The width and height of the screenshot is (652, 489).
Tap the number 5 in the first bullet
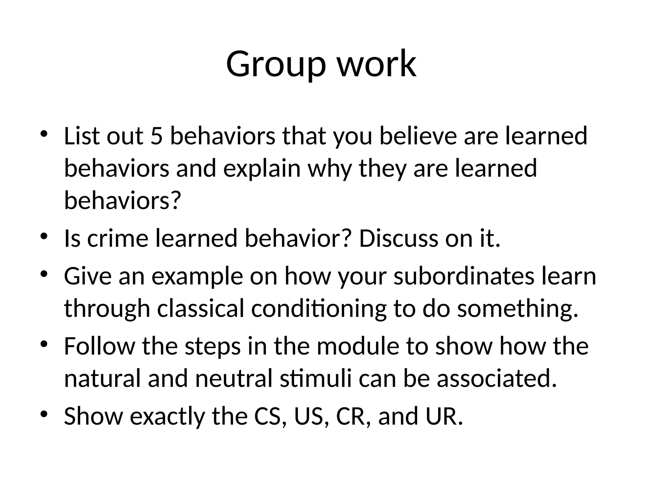click(156, 136)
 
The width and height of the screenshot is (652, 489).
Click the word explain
click(262, 169)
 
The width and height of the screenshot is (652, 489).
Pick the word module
click(358, 346)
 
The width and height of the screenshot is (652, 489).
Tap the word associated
click(497, 379)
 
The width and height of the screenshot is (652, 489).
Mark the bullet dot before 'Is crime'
click(44, 237)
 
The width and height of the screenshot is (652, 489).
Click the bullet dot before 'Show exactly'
click(44, 414)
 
